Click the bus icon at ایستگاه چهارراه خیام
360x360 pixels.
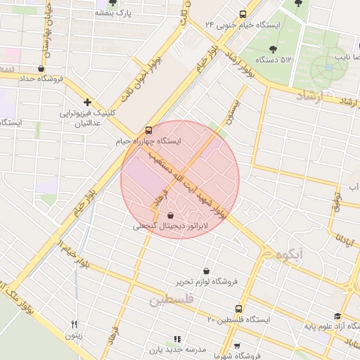click(148, 131)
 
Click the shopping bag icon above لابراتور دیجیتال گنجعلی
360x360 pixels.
click(172, 216)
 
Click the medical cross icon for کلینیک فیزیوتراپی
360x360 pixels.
click(87, 103)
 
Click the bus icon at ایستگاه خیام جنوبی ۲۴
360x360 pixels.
click(243, 14)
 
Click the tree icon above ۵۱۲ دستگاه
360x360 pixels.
click(273, 49)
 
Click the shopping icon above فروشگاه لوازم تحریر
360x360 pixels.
click(206, 271)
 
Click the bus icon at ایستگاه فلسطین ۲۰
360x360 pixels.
click(238, 309)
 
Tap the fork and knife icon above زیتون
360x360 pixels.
click(74, 324)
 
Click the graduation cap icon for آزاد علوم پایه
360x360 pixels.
click(337, 316)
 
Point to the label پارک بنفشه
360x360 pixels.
click(113, 13)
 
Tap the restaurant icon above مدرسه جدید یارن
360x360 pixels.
click(177, 338)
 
